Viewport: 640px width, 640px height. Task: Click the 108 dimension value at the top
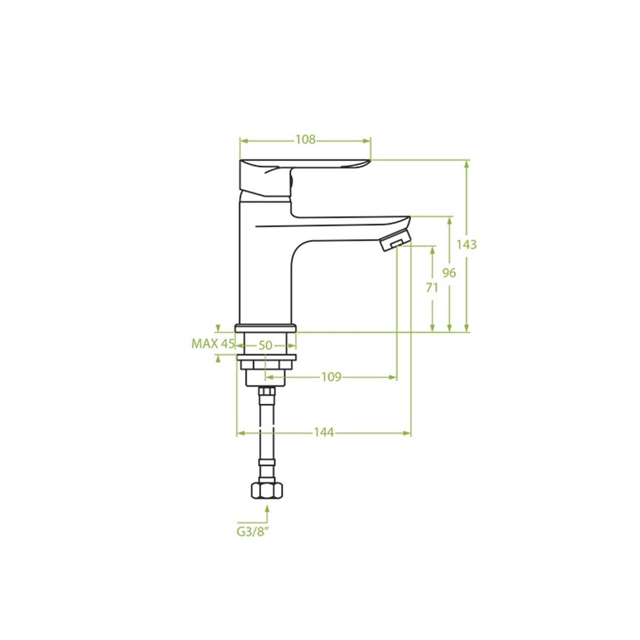tap(305, 140)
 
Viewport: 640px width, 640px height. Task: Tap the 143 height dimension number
tap(466, 245)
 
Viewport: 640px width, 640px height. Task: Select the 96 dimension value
tap(449, 273)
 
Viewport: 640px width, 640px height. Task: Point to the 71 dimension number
tap(432, 288)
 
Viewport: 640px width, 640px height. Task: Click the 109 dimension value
tap(331, 377)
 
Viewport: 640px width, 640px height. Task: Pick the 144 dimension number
tap(324, 433)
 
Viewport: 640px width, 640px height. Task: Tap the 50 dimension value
tap(266, 346)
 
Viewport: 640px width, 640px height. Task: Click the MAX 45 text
tap(213, 344)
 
